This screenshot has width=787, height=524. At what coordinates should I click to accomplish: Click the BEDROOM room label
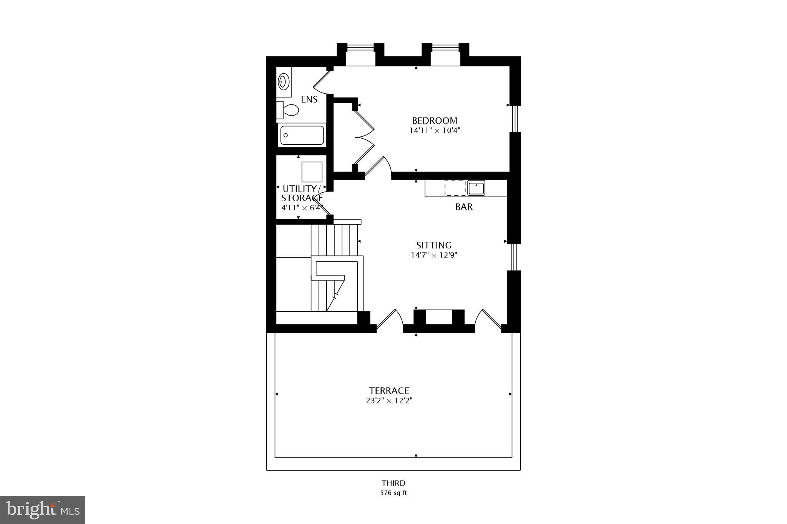[435, 121]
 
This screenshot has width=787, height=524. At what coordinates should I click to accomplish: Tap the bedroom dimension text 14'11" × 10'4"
[435, 131]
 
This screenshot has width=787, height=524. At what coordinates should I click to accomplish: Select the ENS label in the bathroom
[309, 99]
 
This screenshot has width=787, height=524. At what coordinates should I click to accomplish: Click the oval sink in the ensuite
[284, 81]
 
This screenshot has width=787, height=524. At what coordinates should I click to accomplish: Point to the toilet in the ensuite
[289, 110]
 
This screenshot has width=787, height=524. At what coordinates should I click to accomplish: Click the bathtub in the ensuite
[302, 135]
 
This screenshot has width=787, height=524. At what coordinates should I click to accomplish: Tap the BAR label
[464, 207]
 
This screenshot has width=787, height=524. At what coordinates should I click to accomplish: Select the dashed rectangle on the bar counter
[455, 188]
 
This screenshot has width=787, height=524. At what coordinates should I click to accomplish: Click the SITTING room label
[434, 245]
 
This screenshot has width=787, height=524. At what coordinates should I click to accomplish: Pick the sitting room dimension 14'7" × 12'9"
[434, 255]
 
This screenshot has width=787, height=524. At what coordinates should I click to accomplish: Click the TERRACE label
[389, 391]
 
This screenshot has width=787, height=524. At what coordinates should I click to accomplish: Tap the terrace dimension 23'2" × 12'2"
[389, 401]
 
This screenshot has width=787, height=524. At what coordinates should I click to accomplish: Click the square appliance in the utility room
[312, 172]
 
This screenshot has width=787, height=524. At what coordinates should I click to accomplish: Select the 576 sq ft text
[393, 493]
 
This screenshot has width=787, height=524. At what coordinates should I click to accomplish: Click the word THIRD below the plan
[393, 483]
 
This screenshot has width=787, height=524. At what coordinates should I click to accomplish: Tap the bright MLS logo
[43, 510]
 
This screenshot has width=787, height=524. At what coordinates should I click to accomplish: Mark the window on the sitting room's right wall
[514, 257]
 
